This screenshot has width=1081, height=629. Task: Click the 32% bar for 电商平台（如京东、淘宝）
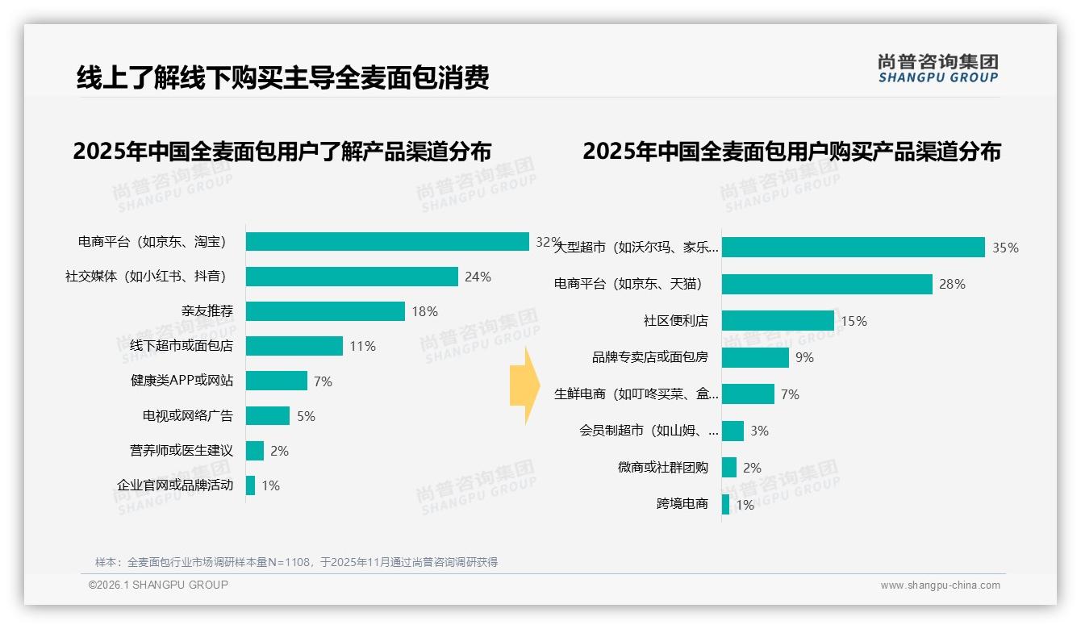[387, 242]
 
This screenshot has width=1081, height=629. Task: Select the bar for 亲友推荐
[325, 311]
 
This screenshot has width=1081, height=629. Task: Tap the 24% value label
[478, 277]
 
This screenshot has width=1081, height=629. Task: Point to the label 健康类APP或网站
[182, 381]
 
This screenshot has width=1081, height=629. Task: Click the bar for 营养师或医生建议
[255, 451]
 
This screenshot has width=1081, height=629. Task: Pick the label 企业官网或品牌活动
[175, 485]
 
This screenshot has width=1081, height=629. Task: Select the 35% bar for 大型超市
[854, 248]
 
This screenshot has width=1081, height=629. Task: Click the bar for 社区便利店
[778, 321]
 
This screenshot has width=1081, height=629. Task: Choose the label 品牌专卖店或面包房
[650, 357]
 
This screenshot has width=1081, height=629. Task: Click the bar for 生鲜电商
[748, 394]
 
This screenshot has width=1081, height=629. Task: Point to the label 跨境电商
[682, 504]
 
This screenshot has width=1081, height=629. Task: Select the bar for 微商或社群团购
[729, 468]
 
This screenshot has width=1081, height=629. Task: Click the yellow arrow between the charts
[524, 385]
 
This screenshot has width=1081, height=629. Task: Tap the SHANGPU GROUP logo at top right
[937, 69]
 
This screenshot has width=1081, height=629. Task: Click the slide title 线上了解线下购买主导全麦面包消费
[282, 78]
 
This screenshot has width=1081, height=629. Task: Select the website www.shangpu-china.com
[940, 585]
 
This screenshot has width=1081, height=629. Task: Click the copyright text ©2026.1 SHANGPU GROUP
[158, 585]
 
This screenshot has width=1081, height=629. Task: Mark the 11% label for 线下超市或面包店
[362, 346]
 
